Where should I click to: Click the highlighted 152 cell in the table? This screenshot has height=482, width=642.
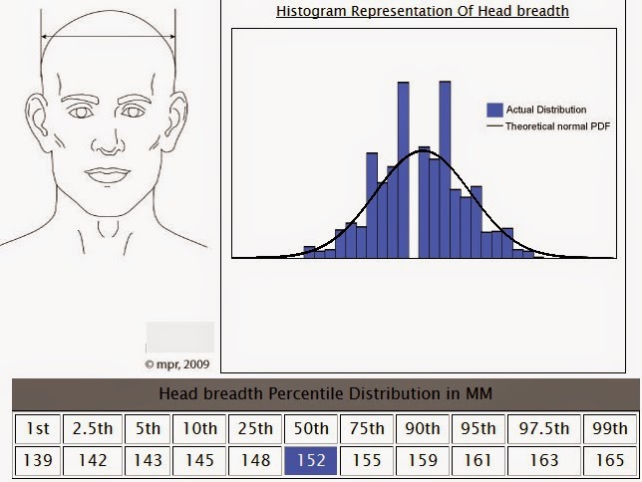pyautogui.click(x=311, y=461)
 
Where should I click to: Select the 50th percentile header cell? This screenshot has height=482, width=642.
pyautogui.click(x=311, y=429)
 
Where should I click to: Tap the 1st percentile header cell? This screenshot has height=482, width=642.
pyautogui.click(x=38, y=429)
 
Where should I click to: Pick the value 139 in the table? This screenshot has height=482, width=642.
pyautogui.click(x=38, y=461)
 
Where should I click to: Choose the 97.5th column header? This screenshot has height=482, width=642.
pyautogui.click(x=544, y=429)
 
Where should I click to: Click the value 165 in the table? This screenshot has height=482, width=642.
pyautogui.click(x=610, y=461)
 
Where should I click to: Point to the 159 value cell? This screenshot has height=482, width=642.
pyautogui.click(x=423, y=461)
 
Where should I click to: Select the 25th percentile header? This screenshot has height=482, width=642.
pyautogui.click(x=255, y=429)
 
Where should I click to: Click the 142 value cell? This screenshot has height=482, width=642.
pyautogui.click(x=93, y=461)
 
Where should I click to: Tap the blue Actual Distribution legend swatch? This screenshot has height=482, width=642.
pyautogui.click(x=494, y=111)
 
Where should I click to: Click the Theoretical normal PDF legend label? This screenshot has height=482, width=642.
pyautogui.click(x=557, y=126)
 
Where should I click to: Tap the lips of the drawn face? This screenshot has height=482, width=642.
pyautogui.click(x=108, y=176)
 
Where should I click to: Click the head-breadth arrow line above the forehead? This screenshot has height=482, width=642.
pyautogui.click(x=108, y=37)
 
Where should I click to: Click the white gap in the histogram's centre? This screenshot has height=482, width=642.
pyautogui.click(x=414, y=204)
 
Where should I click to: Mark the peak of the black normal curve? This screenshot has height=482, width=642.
pyautogui.click(x=424, y=151)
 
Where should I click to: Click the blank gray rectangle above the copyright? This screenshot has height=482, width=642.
pyautogui.click(x=180, y=338)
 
